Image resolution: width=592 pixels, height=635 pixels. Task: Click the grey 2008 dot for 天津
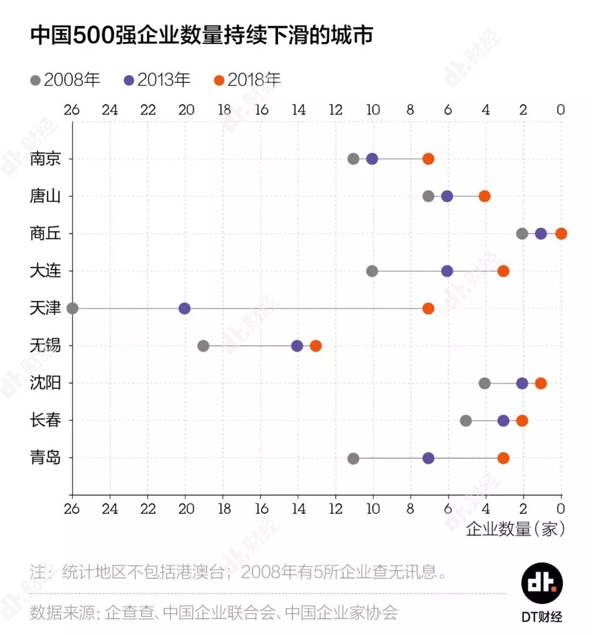[72, 309]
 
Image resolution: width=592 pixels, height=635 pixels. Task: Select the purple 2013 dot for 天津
[185, 309]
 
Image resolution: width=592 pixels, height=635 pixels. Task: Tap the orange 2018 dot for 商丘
[561, 234]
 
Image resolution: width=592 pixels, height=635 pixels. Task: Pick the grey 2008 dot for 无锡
[203, 346]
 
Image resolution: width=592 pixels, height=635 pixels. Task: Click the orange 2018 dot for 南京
[428, 159]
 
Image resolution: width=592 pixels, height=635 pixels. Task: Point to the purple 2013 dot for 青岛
[428, 458]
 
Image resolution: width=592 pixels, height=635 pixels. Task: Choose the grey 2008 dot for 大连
[372, 271]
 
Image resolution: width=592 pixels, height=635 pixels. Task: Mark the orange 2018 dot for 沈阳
[540, 383]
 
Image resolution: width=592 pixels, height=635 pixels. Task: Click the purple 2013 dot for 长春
[503, 421]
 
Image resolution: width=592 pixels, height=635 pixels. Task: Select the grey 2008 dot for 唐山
[428, 196]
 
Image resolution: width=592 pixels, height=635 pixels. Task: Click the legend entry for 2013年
[157, 80]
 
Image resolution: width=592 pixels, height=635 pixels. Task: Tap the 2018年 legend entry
[247, 80]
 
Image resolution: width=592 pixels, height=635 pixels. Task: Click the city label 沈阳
[45, 383]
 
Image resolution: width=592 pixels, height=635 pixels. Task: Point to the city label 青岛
[45, 457]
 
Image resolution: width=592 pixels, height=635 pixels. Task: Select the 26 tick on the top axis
[72, 110]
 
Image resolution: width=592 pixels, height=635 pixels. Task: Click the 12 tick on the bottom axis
[335, 509]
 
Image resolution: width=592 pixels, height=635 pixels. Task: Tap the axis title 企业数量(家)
[515, 529]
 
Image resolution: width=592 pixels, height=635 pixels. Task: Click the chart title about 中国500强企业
[202, 35]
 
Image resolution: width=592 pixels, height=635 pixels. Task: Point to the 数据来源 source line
[214, 612]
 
